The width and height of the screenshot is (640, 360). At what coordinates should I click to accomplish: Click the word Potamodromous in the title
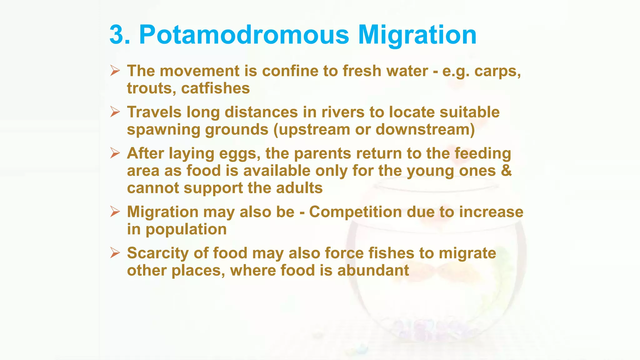pos(244,35)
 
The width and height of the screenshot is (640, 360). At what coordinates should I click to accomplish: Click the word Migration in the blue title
pos(417,35)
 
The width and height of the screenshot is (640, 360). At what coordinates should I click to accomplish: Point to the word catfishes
pos(215,88)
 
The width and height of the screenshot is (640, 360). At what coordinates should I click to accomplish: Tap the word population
pos(186,230)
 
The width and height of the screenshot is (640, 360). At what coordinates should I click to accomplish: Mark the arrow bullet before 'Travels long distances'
pos(115,112)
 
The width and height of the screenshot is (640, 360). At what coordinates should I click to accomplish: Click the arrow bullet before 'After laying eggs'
pos(115,153)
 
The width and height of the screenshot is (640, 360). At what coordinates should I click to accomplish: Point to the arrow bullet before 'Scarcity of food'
pos(115,253)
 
